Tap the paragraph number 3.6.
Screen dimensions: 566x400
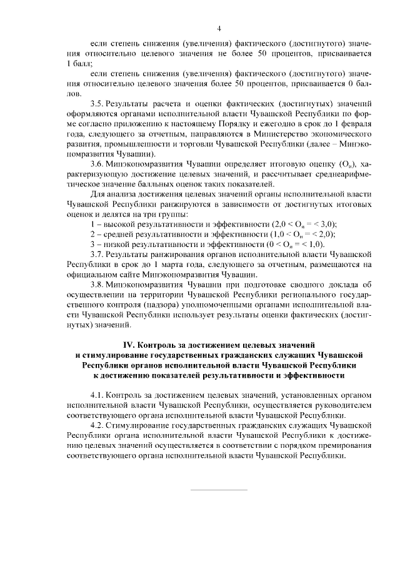97,164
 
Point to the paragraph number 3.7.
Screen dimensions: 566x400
97,255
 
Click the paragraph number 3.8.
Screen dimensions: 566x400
97,285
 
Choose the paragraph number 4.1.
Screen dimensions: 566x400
97,395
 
